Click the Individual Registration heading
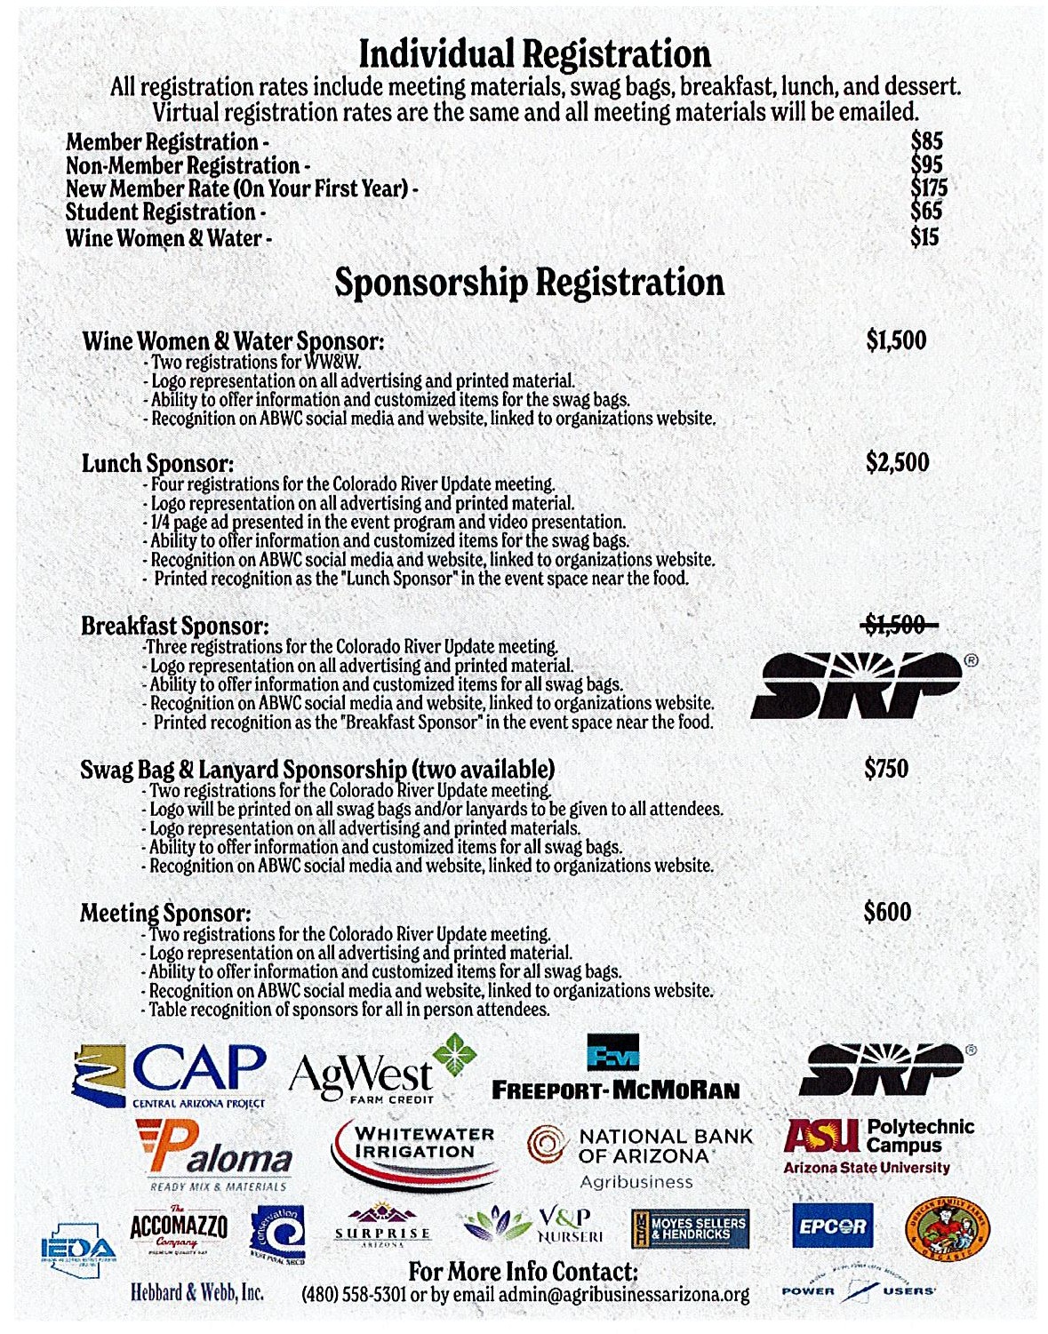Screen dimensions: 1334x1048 click(534, 54)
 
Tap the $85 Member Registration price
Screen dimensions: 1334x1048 click(926, 140)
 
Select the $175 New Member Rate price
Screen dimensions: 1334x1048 click(929, 188)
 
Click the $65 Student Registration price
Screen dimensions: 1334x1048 click(926, 212)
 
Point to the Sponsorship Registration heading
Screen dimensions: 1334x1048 click(530, 283)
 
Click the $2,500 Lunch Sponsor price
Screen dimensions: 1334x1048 click(897, 462)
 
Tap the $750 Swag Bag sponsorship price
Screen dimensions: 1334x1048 click(886, 768)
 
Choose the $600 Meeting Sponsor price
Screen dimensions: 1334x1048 click(887, 912)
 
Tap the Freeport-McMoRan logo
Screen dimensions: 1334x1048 click(615, 1069)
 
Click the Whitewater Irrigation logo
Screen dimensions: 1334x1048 click(415, 1153)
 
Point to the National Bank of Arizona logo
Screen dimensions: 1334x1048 click(640, 1155)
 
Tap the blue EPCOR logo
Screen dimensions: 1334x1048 click(832, 1226)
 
